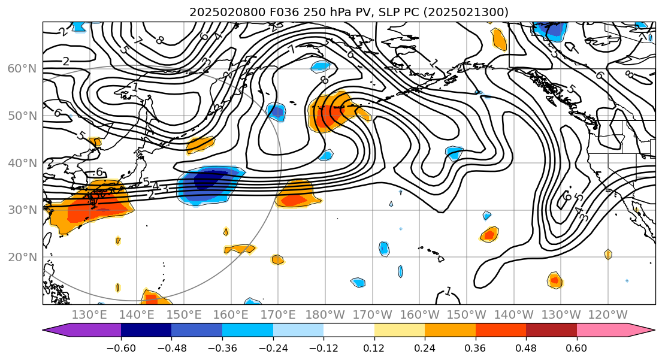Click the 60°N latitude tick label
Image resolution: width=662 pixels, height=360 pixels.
point(22,69)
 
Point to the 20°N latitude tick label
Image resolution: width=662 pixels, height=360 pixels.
point(22,258)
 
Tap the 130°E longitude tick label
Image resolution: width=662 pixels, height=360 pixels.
point(89,315)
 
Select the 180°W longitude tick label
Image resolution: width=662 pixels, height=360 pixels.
point(325,315)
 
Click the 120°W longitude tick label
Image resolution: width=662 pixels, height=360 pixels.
point(607,315)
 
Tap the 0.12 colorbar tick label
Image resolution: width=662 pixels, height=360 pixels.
point(374,348)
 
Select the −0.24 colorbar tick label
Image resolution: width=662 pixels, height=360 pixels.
point(273,348)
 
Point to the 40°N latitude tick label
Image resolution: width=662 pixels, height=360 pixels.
point(22,163)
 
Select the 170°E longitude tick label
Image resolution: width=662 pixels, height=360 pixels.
point(278,315)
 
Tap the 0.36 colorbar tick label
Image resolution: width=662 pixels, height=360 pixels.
point(476,348)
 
